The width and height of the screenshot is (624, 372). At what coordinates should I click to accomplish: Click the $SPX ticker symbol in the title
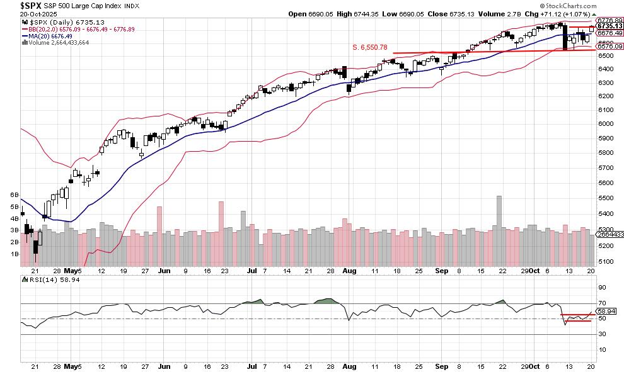(x=13, y=4)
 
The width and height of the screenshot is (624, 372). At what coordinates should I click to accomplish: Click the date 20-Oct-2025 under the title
(x=20, y=13)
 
